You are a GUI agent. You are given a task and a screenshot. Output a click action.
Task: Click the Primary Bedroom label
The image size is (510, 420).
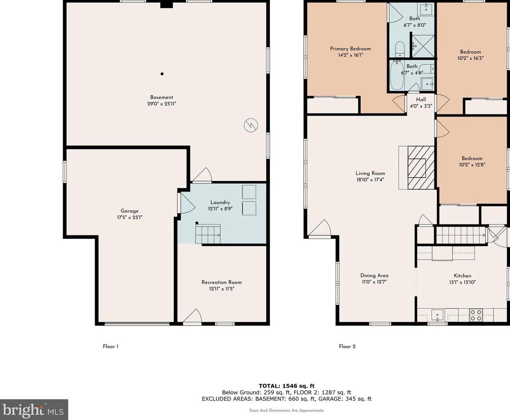point(350,49)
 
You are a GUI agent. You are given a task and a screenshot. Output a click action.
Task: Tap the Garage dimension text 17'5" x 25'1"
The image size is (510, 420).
point(130,217)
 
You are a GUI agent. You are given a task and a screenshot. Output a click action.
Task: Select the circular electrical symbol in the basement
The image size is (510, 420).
point(249,125)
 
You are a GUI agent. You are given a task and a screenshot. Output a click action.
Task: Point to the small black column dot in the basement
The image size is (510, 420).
point(162,73)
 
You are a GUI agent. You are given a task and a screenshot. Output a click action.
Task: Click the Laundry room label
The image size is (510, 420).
point(220,202)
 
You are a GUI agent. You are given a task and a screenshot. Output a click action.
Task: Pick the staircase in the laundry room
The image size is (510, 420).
point(208,234)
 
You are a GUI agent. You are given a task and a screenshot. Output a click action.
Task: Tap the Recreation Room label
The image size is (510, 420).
point(222,282)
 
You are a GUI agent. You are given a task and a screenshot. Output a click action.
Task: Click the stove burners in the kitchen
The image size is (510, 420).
point(476,314)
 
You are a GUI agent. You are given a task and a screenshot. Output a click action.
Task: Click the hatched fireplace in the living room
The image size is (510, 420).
point(421,167)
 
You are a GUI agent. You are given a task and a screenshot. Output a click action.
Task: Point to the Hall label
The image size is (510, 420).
point(421,100)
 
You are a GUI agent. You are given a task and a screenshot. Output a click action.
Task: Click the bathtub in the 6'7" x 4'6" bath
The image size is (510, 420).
point(397,76)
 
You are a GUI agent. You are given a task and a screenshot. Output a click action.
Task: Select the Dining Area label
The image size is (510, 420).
point(374,275)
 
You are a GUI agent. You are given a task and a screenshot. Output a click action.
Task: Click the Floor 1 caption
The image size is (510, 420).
point(110,347)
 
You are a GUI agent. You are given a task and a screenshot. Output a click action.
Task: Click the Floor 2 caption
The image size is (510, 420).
point(347,347)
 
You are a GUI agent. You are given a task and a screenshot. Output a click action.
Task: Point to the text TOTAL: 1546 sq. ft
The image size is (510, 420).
point(286,386)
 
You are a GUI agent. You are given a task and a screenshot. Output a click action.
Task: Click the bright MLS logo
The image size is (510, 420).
point(34,410)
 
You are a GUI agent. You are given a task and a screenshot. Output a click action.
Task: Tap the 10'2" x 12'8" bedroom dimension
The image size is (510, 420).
point(472,165)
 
